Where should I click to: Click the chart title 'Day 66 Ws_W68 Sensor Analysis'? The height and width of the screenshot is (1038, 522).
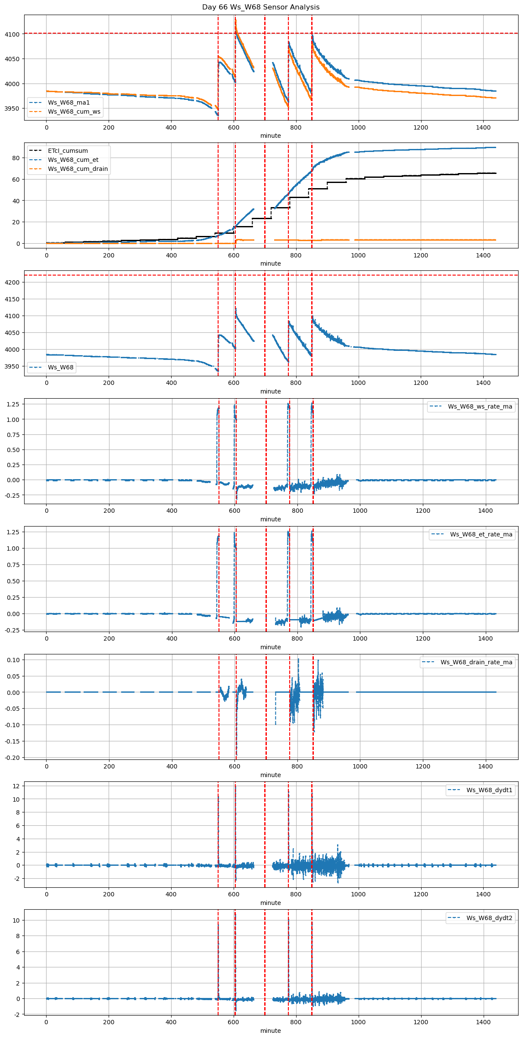coord(261,7)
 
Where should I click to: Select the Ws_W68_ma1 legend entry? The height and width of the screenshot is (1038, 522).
coord(69,102)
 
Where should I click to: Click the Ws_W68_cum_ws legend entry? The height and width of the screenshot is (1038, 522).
coord(74,112)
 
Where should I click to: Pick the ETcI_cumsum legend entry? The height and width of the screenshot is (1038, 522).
coord(68,151)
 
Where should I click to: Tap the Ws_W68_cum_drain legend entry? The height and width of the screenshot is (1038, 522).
coord(78,169)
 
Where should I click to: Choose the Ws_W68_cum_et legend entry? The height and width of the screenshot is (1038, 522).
coord(73,160)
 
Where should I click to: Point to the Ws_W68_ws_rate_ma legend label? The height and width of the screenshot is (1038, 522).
coord(480,406)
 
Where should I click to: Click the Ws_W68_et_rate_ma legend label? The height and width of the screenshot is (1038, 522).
coord(481,534)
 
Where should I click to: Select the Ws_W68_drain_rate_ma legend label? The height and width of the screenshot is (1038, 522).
coord(476,662)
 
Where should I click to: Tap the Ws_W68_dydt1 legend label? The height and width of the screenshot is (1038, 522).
coord(489,790)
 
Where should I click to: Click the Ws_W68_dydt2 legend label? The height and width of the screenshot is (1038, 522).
coord(489,918)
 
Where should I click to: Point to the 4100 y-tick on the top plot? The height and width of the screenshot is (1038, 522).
coord(12,34)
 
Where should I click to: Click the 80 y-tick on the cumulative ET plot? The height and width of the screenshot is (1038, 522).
coord(16,158)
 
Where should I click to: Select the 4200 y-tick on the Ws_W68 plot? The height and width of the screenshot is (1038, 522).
coord(12,282)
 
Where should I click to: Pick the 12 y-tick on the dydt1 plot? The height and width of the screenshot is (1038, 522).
coord(16,786)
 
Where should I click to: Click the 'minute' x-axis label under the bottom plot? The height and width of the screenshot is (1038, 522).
coord(270,1031)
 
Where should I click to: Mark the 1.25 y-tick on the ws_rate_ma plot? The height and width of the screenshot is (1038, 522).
coord(14,404)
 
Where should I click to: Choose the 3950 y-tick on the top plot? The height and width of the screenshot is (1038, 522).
coord(12,108)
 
